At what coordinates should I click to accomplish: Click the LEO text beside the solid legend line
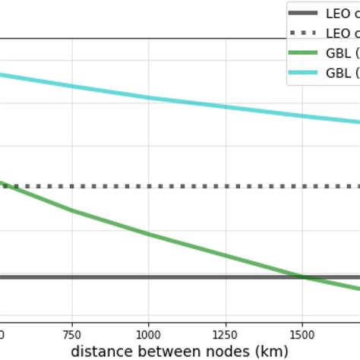pyautogui.click(x=339, y=14)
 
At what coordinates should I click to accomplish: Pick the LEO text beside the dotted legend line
pyautogui.click(x=339, y=33)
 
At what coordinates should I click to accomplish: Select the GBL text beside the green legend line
pyautogui.click(x=339, y=53)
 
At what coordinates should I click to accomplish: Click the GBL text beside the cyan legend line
pyautogui.click(x=339, y=73)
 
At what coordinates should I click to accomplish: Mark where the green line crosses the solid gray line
pyautogui.click(x=302, y=277)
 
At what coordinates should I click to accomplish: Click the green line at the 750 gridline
pyautogui.click(x=72, y=210)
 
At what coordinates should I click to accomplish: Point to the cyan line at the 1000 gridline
pyautogui.click(x=149, y=97)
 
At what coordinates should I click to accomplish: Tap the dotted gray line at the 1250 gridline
pyautogui.click(x=226, y=186)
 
